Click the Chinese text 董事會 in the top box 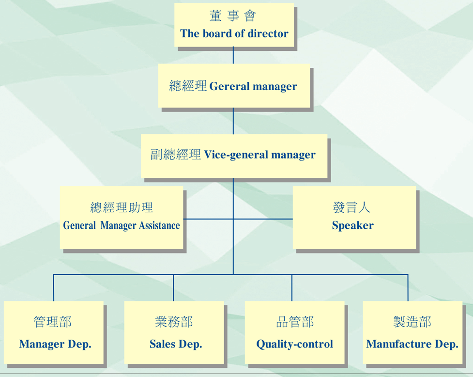pos(232,16)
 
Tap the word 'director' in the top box pos(268,33)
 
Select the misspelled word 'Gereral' pos(229,86)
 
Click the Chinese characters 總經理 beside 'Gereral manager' pos(188,86)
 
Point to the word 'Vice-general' pos(236,155)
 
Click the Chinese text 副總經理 pos(176,154)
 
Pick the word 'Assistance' pos(159,225)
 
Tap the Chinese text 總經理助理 pos(122,207)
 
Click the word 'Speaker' pos(352,226)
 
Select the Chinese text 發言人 pos(351,207)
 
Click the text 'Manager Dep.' pos(55,344)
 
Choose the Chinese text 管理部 pos(52,322)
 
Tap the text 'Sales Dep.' pos(176,344)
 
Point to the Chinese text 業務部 pos(174,322)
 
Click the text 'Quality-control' pos(295,344)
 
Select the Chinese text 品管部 pos(295,322)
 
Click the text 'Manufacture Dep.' pos(412,344)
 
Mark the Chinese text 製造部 pos(412,322)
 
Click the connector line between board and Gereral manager pos(233,55)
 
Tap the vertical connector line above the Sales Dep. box pos(173,288)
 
